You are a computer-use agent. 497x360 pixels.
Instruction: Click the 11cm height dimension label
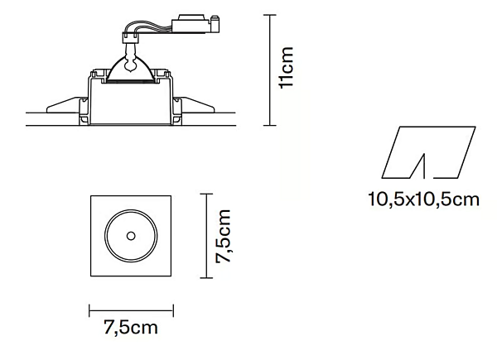click(x=287, y=67)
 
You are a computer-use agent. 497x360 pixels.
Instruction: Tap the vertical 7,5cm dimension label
click(x=223, y=236)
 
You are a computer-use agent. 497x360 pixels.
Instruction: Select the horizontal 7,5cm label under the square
click(x=131, y=328)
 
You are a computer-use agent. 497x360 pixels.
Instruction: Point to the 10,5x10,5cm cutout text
click(x=423, y=199)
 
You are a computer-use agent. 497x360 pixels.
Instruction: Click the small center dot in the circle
click(x=131, y=236)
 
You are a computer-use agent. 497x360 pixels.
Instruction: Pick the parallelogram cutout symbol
click(x=428, y=152)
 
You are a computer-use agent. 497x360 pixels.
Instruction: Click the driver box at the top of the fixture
click(x=191, y=24)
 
